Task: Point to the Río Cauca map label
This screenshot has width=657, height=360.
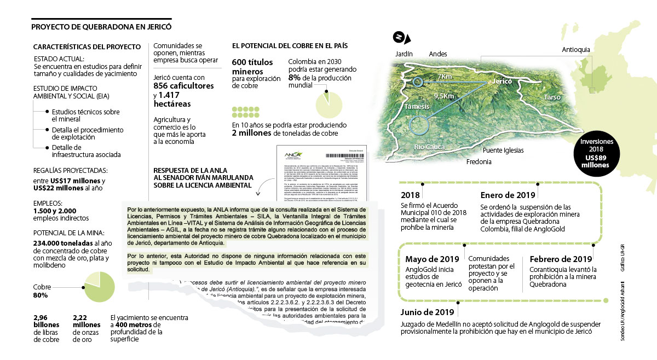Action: point(429,147)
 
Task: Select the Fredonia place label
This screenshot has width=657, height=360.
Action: point(479,162)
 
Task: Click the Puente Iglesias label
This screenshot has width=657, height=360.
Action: point(503,150)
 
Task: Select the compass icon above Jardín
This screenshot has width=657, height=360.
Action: point(401,37)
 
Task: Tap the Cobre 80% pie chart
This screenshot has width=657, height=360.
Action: point(99,288)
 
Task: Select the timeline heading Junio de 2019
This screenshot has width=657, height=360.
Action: point(428,313)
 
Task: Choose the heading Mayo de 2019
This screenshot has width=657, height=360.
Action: point(431,259)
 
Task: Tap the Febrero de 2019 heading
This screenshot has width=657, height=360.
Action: point(561,259)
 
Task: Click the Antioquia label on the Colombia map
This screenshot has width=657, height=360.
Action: point(576,50)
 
